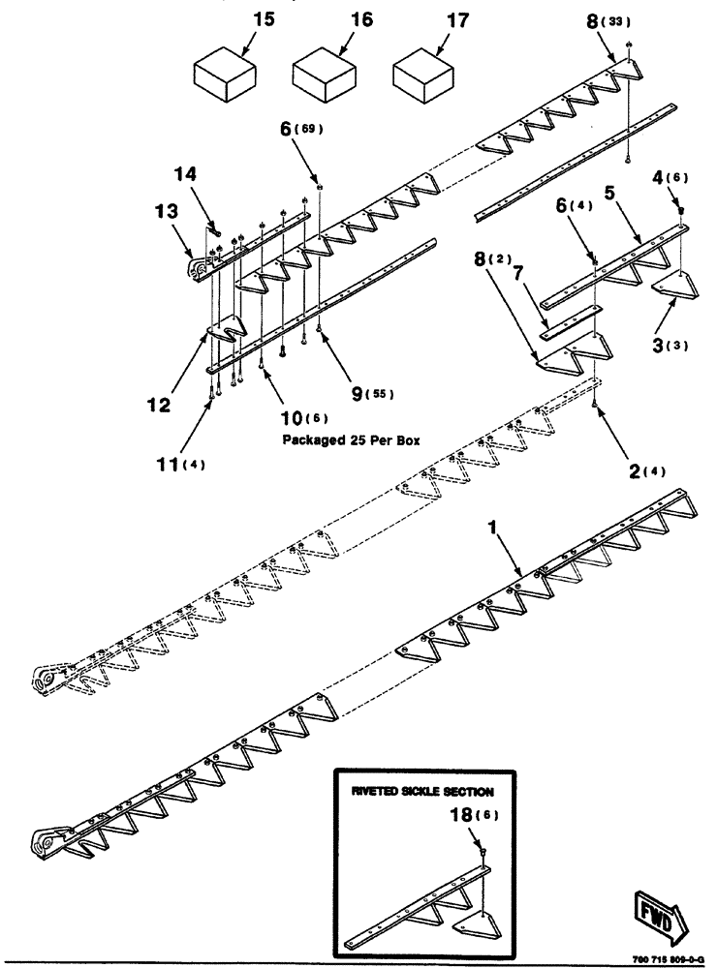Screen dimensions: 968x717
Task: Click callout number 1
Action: click(493, 530)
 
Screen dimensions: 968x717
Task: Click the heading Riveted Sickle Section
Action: click(423, 791)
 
